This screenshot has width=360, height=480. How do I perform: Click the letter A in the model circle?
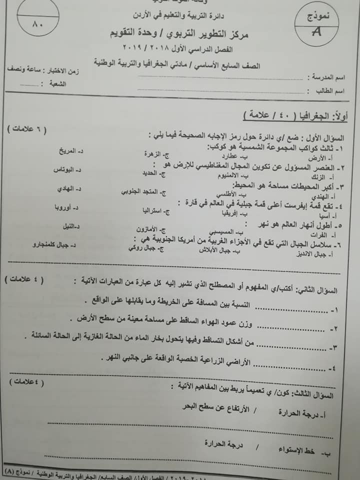tap(316, 32)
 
